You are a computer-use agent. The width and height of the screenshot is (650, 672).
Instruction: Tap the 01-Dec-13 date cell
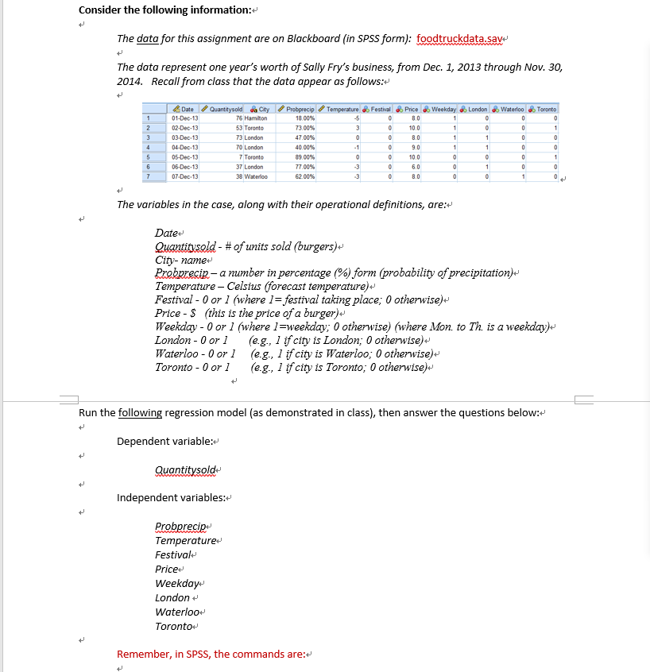coord(186,118)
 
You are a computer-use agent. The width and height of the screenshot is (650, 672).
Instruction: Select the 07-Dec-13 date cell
coord(186,175)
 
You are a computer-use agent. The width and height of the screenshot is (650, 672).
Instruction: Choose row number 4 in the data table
coord(147,147)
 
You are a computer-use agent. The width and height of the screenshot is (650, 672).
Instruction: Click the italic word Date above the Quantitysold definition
coord(166,233)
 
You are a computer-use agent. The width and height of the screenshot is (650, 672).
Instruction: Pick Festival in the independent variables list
coord(174,554)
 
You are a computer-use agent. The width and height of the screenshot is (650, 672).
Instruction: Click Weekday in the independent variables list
coord(176,583)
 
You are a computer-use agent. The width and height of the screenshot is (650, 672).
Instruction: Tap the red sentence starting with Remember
coord(211,654)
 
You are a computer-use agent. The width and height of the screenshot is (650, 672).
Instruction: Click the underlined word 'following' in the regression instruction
coord(140,412)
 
